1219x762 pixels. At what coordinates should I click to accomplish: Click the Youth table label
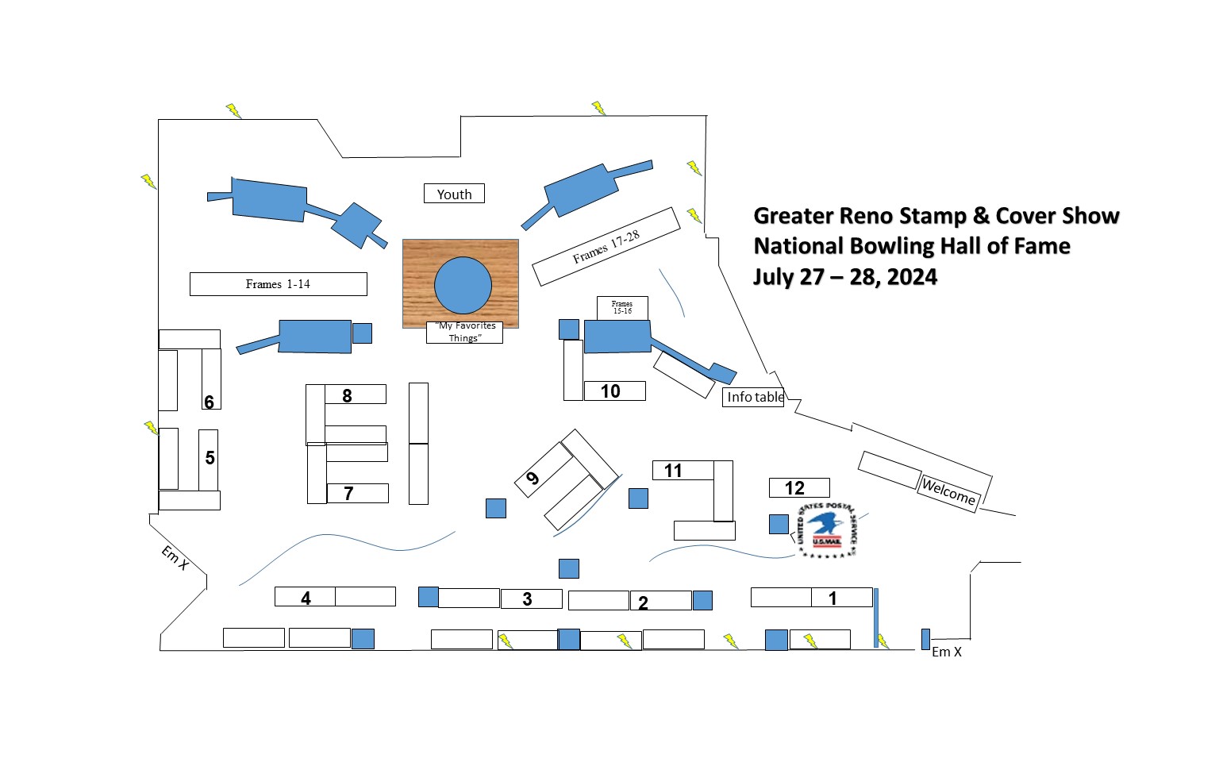pos(454,194)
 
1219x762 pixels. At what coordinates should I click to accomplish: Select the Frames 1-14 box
pos(278,284)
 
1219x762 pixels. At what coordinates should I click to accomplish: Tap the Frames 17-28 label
pos(606,246)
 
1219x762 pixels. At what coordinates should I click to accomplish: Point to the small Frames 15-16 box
pos(622,307)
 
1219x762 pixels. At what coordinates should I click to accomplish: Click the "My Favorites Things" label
pos(465,332)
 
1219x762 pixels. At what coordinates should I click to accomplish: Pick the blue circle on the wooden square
pos(463,285)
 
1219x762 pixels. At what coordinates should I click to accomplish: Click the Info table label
pos(754,397)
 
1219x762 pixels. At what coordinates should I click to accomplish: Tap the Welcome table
pos(948,491)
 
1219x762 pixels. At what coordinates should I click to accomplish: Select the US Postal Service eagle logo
pos(826,529)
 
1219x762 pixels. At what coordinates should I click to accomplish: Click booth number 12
pos(795,487)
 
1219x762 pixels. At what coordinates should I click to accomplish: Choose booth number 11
pos(673,471)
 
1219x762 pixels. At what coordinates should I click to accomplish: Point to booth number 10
pos(610,391)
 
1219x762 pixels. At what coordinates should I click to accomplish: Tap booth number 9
pos(533,478)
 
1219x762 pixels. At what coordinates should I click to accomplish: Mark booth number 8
pos(347,395)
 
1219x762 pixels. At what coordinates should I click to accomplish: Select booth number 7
pos(348,494)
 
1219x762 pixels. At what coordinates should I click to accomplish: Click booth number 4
pos(306,598)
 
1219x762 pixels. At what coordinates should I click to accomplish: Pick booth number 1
pos(833,598)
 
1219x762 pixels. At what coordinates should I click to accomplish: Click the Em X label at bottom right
pos(946,652)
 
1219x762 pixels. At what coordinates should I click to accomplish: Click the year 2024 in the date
pos(912,277)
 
